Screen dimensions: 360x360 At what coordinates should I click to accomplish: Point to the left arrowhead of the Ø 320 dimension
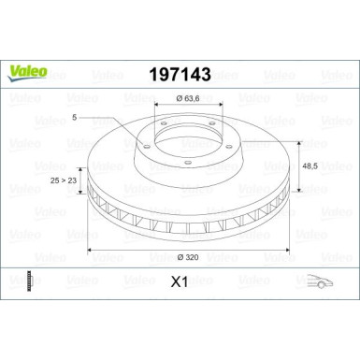(90, 250)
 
